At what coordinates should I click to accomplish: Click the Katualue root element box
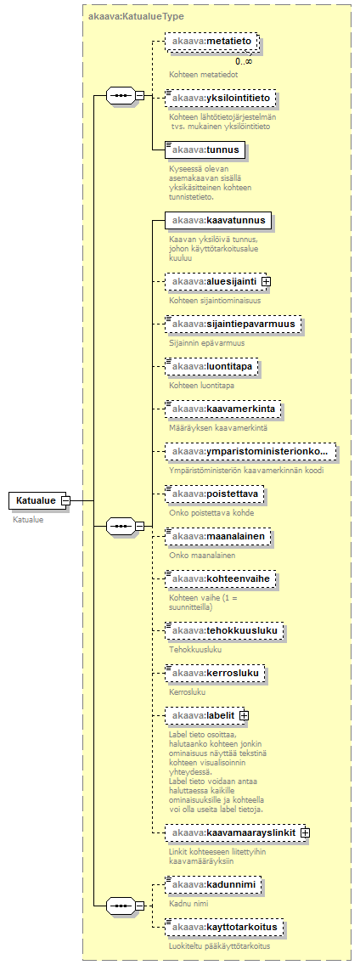tap(36, 500)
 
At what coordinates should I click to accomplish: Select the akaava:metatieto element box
tap(212, 41)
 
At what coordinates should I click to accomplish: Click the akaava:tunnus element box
tap(206, 149)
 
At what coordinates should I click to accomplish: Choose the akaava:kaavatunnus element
tap(218, 220)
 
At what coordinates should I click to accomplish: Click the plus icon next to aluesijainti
tap(267, 281)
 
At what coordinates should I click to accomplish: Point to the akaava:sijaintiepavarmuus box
tap(233, 323)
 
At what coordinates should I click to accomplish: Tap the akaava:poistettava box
tap(216, 494)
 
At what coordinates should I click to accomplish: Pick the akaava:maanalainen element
tap(218, 537)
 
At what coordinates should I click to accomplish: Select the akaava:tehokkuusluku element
tap(225, 630)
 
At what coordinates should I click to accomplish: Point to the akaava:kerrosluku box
tap(216, 674)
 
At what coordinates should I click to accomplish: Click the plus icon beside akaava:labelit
tap(243, 716)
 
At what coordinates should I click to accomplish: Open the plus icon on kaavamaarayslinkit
tap(305, 832)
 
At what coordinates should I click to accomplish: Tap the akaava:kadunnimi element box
tap(214, 884)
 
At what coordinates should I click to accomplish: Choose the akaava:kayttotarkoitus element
tap(225, 927)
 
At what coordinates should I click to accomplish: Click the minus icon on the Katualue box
tap(66, 500)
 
